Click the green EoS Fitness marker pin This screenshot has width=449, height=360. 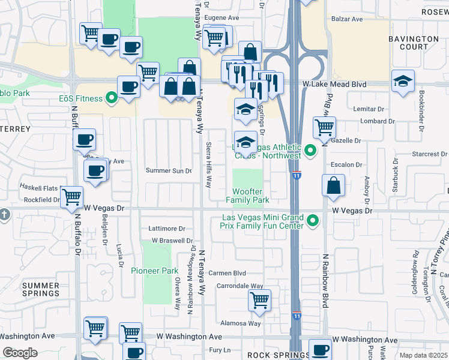click(x=111, y=97)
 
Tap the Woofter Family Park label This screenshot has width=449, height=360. click(x=248, y=195)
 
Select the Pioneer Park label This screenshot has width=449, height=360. click(x=154, y=271)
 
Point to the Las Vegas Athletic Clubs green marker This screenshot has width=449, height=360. click(x=310, y=150)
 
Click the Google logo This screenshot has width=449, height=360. click(x=20, y=353)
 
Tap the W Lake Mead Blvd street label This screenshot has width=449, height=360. click(x=334, y=85)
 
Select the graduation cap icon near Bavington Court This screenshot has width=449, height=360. click(x=403, y=81)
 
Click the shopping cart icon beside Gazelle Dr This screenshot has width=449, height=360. click(x=324, y=127)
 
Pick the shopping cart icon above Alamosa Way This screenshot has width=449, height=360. click(x=259, y=299)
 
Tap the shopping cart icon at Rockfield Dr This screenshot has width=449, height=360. click(x=72, y=196)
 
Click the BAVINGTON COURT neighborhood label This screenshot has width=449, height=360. click(x=413, y=43)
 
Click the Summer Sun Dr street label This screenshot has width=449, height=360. click(x=169, y=171)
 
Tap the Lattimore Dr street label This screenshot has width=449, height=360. click(x=167, y=229)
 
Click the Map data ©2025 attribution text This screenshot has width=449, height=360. click(x=423, y=355)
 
